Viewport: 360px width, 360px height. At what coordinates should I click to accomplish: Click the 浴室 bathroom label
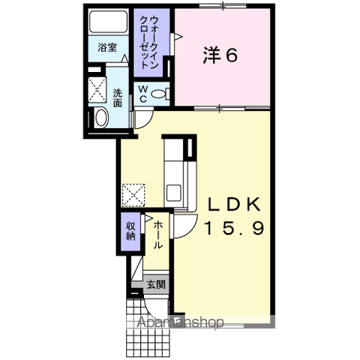tap(107, 47)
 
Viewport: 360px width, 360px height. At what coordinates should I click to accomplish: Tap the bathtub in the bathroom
tap(108, 22)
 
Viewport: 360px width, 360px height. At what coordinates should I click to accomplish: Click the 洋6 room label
tap(220, 55)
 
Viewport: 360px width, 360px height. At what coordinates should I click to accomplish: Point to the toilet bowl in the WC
tap(159, 94)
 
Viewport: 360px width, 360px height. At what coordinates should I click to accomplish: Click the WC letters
tap(143, 94)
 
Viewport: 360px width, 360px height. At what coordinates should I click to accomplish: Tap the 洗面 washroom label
tap(118, 98)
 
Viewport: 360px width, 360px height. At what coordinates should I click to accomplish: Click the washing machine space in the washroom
tap(97, 89)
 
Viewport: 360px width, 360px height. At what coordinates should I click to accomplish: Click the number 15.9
tap(235, 229)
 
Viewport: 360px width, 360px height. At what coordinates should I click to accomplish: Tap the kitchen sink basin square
tap(174, 193)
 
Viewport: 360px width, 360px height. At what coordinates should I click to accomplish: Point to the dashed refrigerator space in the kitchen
tap(133, 195)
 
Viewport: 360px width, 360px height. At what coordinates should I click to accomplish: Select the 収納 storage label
tap(130, 231)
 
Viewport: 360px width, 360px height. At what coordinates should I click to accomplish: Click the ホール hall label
tap(158, 235)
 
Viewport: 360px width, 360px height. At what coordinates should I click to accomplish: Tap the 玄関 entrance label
tap(156, 284)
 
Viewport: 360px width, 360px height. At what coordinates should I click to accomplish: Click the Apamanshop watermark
tap(181, 322)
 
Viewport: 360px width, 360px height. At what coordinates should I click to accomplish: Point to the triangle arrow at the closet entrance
tap(178, 37)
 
